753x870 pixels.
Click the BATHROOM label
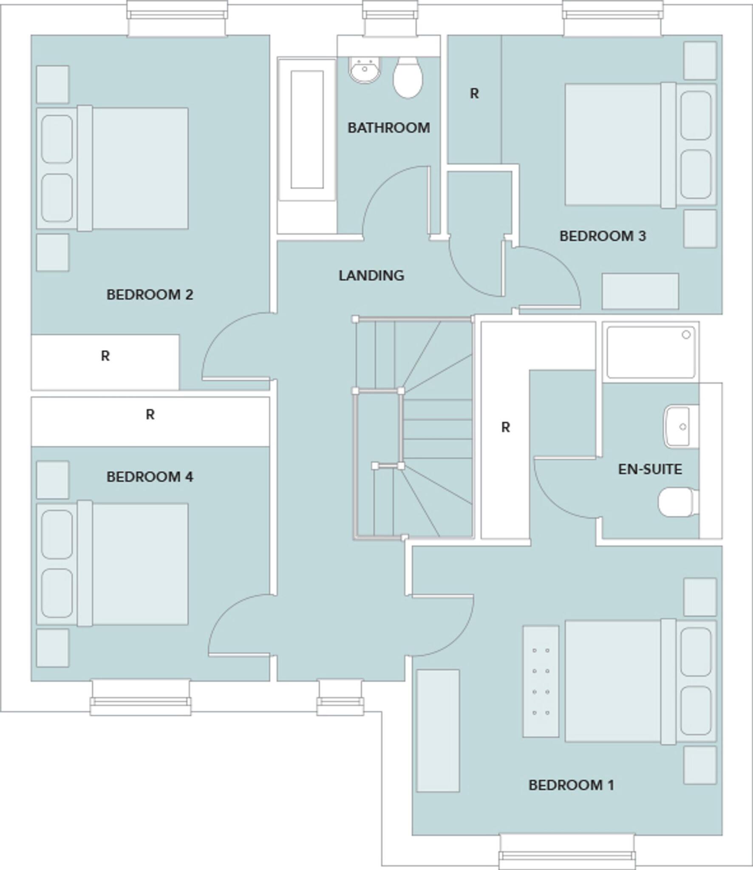pos(388,127)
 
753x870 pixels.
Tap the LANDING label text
pos(371,275)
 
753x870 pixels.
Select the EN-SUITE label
pos(650,469)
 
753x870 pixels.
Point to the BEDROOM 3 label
pos(602,236)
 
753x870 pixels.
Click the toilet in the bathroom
pos(408,77)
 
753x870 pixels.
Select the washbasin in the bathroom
pos(365,70)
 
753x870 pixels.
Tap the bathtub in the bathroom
pos(306,130)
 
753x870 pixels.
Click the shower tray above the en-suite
pos(651,352)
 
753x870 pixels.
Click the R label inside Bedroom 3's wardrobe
pos(474,93)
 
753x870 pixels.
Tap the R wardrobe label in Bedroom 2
pos(105,356)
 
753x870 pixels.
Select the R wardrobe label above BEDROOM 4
pos(150,414)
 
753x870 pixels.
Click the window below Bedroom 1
pos(567,852)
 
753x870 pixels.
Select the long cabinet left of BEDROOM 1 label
pos(438,731)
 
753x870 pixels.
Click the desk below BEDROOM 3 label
pos(640,291)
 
